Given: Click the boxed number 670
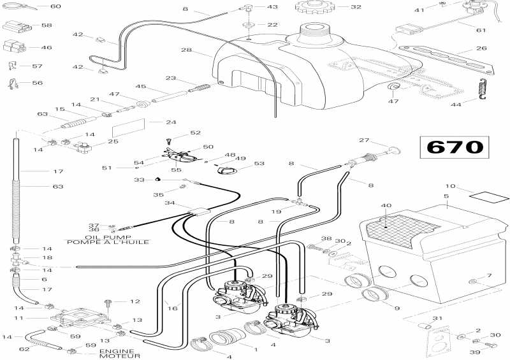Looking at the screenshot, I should click(x=454, y=147).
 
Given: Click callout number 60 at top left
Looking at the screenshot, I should click(x=55, y=6).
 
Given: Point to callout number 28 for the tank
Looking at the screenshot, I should click(x=186, y=50).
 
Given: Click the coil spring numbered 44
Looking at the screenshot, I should click(x=483, y=90).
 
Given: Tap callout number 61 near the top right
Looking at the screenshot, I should click(x=481, y=30).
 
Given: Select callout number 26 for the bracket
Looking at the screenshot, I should click(x=481, y=48).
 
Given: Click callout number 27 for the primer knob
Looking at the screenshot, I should click(x=364, y=140).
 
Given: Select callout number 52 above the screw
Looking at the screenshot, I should click(x=196, y=133).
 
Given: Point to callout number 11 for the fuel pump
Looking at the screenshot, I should click(x=20, y=317).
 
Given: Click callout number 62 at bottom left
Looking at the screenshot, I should click(x=24, y=349).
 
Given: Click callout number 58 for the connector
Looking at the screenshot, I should click(x=46, y=25).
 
